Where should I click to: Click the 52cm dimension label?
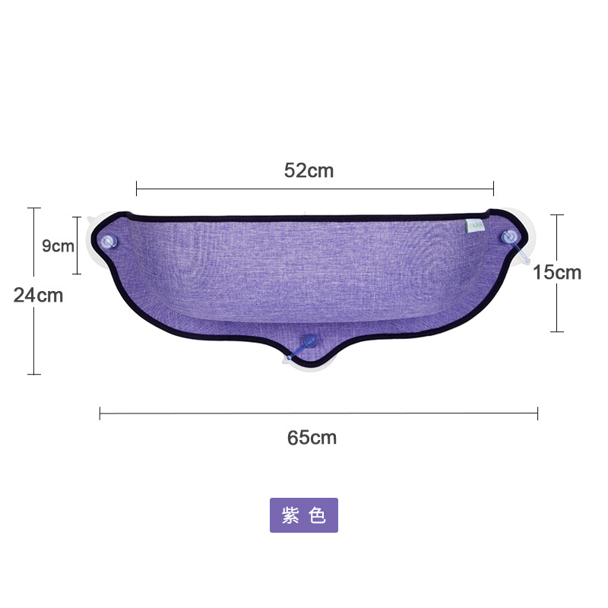[309, 170]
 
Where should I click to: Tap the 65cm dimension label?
[312, 438]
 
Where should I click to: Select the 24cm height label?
[38, 296]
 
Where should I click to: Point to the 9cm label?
[58, 245]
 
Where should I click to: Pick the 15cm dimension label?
[557, 272]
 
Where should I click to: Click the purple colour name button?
[304, 515]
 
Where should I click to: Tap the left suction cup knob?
[109, 242]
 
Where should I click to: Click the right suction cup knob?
[509, 237]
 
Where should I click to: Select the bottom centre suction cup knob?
[310, 340]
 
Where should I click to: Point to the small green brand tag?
[474, 226]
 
